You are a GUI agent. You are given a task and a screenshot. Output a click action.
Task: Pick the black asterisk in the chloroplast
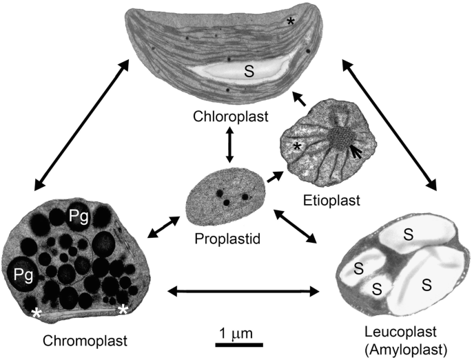pyautogui.click(x=291, y=23)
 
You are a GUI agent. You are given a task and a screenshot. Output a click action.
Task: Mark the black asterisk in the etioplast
pyautogui.click(x=296, y=147)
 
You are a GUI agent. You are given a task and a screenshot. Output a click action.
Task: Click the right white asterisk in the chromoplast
pyautogui.click(x=123, y=310)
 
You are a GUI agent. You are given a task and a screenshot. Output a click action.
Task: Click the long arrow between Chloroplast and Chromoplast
pyautogui.click(x=79, y=125)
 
